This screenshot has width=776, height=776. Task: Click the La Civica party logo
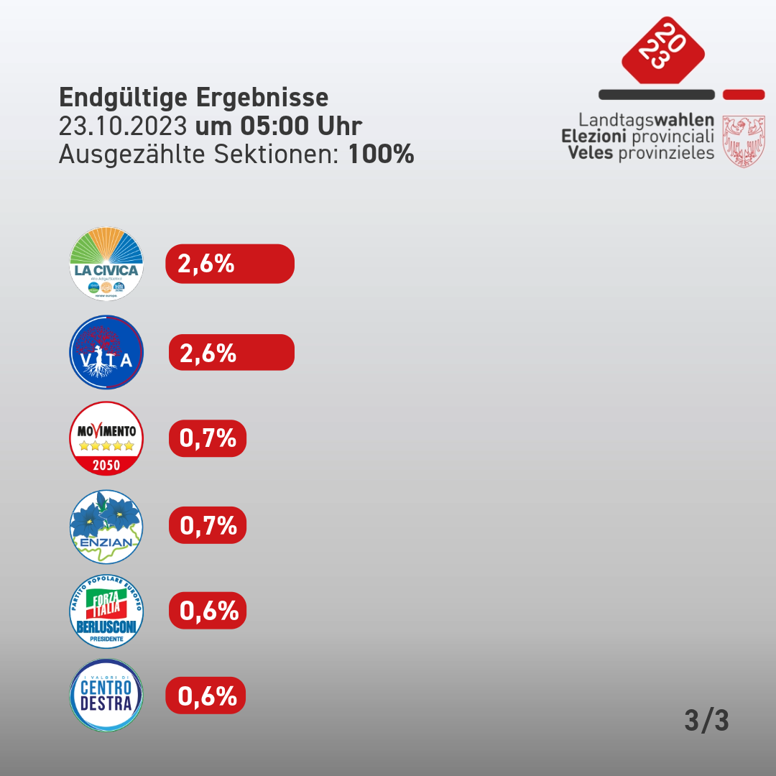pyautogui.click(x=106, y=263)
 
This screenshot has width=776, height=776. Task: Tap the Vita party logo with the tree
pyautogui.click(x=106, y=352)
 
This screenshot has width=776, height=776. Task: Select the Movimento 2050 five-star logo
pyautogui.click(x=106, y=438)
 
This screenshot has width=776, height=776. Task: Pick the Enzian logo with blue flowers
pyautogui.click(x=106, y=527)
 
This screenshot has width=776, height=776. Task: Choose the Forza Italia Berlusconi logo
pyautogui.click(x=106, y=611)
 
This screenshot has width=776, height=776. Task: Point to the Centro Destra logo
pyautogui.click(x=106, y=696)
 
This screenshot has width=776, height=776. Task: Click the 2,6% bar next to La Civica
pyautogui.click(x=230, y=264)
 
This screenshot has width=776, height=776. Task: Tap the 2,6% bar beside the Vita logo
pyautogui.click(x=231, y=353)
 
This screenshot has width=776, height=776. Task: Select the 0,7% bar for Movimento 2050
pyautogui.click(x=208, y=438)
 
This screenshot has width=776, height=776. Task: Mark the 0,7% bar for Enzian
pyautogui.click(x=208, y=525)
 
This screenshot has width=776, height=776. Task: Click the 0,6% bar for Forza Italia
pyautogui.click(x=208, y=611)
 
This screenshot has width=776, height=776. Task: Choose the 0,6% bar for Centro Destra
pyautogui.click(x=206, y=696)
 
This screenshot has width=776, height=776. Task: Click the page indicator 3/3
pyautogui.click(x=706, y=721)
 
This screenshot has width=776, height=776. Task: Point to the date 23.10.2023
pyautogui.click(x=124, y=126)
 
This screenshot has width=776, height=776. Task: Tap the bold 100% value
pyautogui.click(x=382, y=154)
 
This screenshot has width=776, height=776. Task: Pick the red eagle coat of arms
pyautogui.click(x=743, y=142)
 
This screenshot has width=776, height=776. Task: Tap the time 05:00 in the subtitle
pyautogui.click(x=270, y=126)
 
